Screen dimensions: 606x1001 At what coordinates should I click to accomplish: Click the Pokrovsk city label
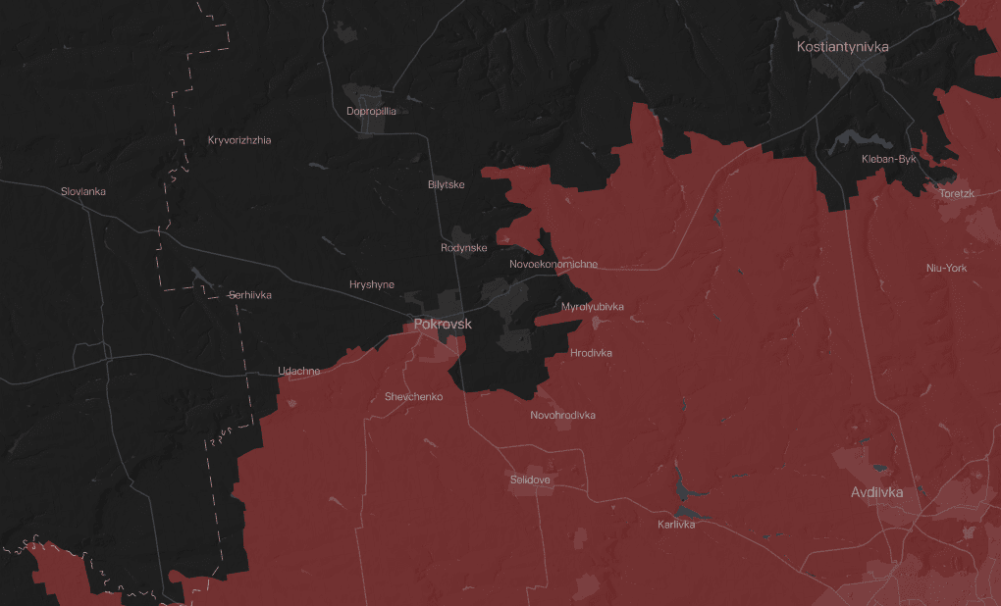coord(443,324)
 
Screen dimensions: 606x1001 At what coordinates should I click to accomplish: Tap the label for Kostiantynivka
coord(843,46)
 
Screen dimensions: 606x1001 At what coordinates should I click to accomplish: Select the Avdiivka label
coord(876,492)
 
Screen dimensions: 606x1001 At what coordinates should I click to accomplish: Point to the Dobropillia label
coord(372,111)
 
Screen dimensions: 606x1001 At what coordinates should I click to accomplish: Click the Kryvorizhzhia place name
coord(239,140)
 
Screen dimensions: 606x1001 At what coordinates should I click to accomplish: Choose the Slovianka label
coord(83,191)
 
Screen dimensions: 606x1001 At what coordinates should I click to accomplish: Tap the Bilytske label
coord(447,184)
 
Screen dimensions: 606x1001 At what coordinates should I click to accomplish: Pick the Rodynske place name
coord(464,248)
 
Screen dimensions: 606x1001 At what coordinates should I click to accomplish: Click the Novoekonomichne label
coord(553,265)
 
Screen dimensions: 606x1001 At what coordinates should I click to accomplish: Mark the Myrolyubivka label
coord(593,307)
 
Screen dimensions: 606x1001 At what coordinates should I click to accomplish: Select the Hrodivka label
coord(591,353)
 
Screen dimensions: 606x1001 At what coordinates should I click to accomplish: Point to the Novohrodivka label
coord(562,415)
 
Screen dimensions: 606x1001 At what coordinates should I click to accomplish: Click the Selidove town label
coord(530,480)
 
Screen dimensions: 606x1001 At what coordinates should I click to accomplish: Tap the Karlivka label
coord(676,525)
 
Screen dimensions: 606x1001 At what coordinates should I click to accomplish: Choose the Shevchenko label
coord(414,397)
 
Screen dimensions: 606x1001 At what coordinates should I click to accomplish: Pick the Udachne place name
coord(299,371)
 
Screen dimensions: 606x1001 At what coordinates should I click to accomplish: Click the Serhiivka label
coord(249,295)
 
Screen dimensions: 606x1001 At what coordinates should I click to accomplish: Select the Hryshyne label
coord(372,284)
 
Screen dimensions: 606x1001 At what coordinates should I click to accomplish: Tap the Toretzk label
coord(957,193)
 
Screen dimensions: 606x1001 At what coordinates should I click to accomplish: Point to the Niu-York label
coord(947,268)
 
